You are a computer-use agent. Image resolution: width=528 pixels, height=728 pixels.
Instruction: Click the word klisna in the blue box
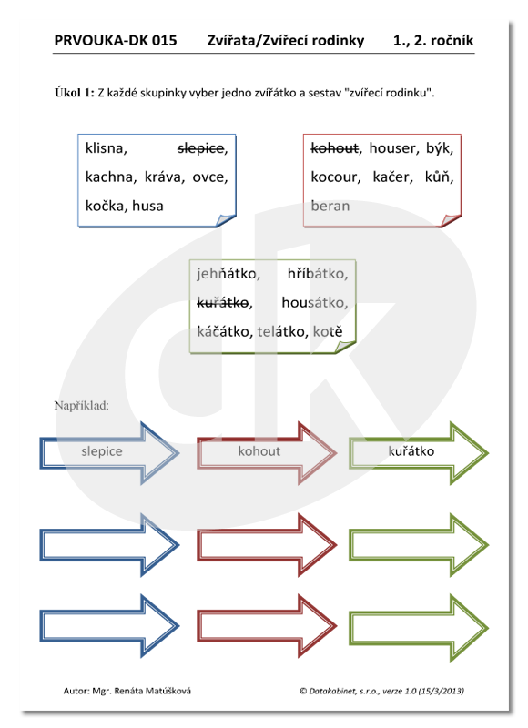(x=105, y=148)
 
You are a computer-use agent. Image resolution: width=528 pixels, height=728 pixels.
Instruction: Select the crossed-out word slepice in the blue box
(x=200, y=148)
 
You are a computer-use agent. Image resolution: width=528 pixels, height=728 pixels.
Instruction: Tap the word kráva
(x=163, y=177)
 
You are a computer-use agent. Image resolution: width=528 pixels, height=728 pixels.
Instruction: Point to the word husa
(x=147, y=206)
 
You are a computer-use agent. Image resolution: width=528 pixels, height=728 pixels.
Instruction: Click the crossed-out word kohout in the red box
(x=334, y=148)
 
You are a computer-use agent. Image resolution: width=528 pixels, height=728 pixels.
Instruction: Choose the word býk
(x=437, y=148)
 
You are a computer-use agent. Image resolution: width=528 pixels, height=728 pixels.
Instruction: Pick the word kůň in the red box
(x=437, y=177)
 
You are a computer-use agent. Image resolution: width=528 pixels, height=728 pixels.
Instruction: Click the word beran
(x=330, y=206)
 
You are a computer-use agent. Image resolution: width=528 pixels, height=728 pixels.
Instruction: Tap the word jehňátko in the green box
(x=226, y=274)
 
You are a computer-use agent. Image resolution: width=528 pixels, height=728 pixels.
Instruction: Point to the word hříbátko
(x=316, y=274)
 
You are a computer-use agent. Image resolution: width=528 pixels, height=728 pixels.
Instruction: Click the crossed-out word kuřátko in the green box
(x=223, y=303)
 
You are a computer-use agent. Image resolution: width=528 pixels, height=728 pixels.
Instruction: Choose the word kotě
(x=328, y=331)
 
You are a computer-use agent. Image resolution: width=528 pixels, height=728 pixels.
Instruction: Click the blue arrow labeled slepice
(x=109, y=452)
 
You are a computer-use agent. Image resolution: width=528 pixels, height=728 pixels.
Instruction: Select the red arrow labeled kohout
(x=267, y=452)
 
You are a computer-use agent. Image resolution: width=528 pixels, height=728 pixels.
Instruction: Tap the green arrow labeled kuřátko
(x=419, y=452)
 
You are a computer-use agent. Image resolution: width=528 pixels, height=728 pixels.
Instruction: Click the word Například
(x=82, y=406)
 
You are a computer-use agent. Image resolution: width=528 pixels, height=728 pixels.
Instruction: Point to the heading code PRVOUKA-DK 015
(x=116, y=40)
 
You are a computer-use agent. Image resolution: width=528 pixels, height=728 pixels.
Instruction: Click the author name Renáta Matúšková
(x=152, y=691)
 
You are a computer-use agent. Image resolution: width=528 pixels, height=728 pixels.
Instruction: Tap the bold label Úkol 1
(x=75, y=93)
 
